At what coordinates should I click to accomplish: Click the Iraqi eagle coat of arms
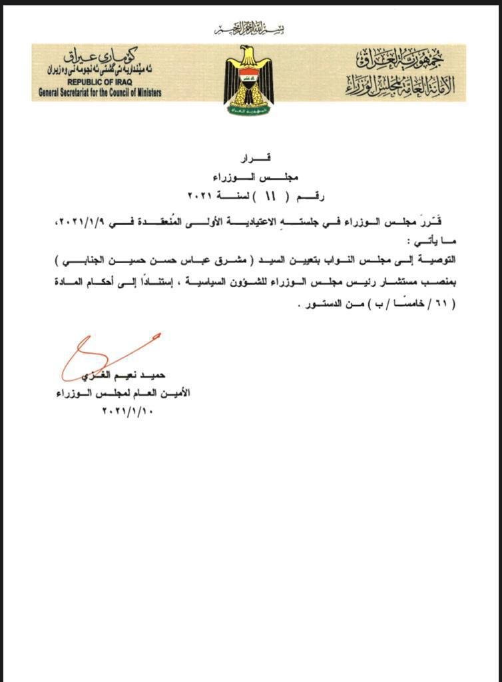[x=248, y=79]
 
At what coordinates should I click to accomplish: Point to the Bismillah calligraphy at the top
[x=248, y=29]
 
